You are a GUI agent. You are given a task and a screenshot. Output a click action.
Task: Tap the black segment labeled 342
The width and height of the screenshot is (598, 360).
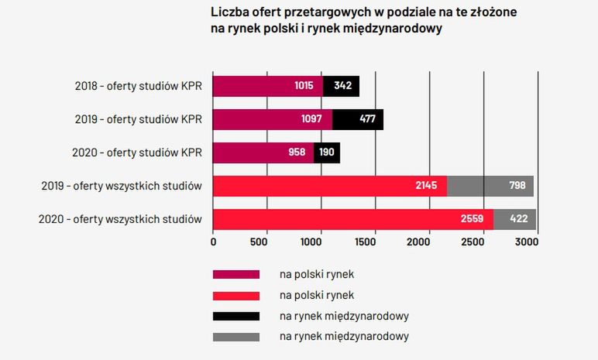(342, 86)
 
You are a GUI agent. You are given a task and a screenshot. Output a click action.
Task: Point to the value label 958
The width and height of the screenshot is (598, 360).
(297, 153)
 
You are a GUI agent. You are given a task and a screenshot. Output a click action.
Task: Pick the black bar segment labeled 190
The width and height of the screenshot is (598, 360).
(327, 153)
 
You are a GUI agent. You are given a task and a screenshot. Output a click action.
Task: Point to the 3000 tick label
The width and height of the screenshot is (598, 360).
(527, 242)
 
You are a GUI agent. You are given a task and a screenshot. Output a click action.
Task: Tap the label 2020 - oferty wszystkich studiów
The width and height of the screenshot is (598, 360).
(120, 219)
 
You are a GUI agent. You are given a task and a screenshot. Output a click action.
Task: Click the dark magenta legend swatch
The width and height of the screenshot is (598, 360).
(236, 274)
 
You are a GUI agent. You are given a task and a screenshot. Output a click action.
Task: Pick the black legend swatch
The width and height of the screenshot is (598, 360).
(236, 316)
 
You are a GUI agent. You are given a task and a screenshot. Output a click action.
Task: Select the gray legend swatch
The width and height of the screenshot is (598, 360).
(236, 337)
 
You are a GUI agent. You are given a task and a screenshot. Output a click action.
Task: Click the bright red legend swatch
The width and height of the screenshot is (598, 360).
(236, 295)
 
